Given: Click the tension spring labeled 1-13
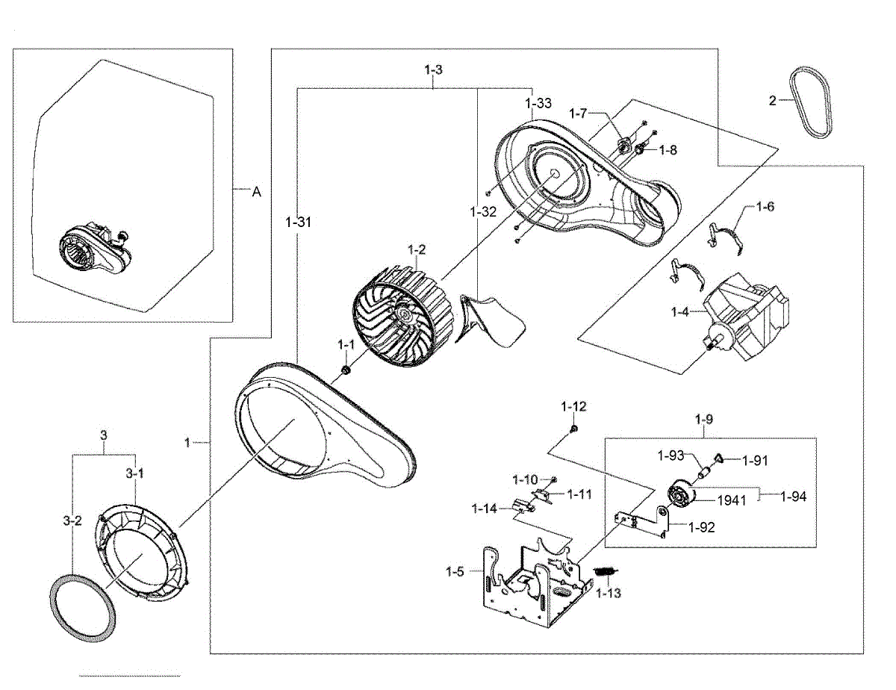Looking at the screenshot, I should click(x=605, y=572).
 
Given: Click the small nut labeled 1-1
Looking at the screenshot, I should click(x=346, y=370).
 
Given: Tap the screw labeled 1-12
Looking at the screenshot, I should click(x=574, y=429).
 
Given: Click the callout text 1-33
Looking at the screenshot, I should click(x=538, y=104).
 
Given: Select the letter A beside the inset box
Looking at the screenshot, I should click(x=256, y=192).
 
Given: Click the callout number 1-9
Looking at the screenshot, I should click(x=703, y=420).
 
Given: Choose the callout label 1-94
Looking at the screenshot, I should click(x=793, y=495).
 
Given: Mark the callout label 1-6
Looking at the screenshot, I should click(x=765, y=206).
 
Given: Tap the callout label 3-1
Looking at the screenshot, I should click(x=134, y=473).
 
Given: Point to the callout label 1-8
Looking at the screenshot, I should click(x=668, y=149).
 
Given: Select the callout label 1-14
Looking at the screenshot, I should click(x=483, y=509).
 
